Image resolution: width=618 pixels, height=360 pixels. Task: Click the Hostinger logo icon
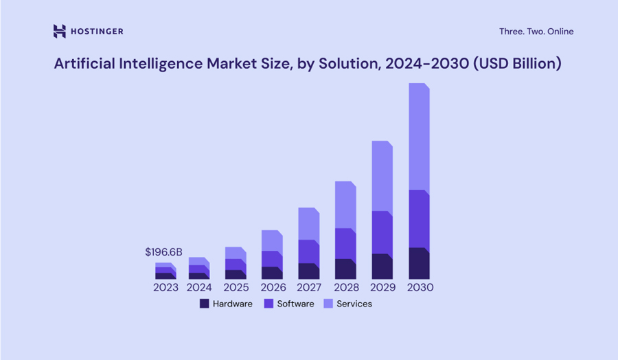coord(60,31)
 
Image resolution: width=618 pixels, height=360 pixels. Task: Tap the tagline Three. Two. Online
coord(536,32)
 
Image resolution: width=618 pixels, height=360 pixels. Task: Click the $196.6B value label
coord(163,252)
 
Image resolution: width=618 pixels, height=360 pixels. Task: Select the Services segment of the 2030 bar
coord(419,137)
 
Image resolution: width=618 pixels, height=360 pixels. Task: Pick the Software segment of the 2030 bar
coord(419,219)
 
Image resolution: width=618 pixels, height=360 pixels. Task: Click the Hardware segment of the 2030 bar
coord(419,263)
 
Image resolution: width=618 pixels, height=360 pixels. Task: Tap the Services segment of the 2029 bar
coord(382,177)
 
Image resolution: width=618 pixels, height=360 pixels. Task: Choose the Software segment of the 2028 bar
coord(345,244)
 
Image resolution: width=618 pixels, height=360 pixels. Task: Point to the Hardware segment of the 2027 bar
coord(308,271)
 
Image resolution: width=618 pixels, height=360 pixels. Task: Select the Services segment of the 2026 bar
coord(272,240)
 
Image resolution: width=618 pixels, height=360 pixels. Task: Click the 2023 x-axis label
coord(165,287)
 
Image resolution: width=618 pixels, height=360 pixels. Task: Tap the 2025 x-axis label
coord(236,287)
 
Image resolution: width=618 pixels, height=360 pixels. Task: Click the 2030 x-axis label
coord(420,287)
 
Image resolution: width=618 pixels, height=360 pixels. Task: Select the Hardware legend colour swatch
coord(204,304)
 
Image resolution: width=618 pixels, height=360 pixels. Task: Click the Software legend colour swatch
coord(268,304)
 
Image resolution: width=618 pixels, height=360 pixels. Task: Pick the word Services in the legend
coord(354,304)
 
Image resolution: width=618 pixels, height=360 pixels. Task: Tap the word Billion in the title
coord(535,64)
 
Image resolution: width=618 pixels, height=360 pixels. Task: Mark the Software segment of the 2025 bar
coord(235,265)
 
